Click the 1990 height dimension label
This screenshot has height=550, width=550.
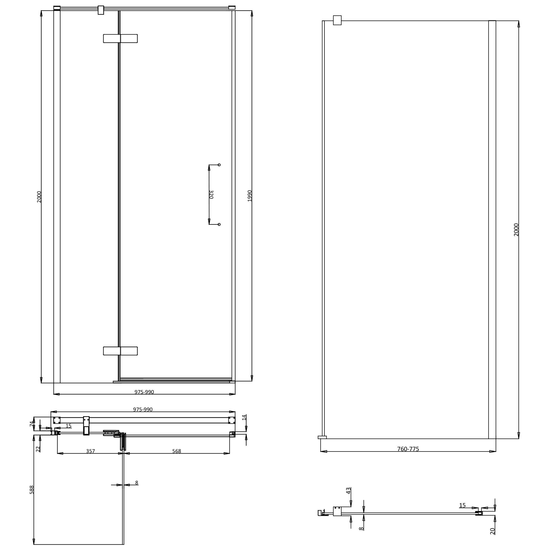[250, 196]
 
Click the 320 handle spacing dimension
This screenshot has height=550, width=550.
[211, 194]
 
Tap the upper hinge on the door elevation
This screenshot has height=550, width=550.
[120, 38]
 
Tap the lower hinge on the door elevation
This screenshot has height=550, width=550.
[120, 351]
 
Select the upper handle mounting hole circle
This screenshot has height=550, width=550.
[219, 165]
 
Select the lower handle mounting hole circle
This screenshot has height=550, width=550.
[219, 224]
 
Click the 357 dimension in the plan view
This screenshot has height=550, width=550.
[90, 451]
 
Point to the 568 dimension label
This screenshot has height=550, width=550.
[176, 451]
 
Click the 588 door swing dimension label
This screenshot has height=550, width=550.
[32, 490]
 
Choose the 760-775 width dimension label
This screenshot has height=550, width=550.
[408, 449]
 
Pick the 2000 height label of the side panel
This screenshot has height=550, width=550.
[516, 229]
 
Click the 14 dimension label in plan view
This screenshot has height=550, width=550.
[244, 417]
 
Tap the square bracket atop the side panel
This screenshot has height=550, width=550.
[337, 20]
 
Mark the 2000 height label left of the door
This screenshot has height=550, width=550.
[39, 197]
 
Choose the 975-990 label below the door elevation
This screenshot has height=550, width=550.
[144, 392]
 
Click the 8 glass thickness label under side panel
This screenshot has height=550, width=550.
[361, 529]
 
